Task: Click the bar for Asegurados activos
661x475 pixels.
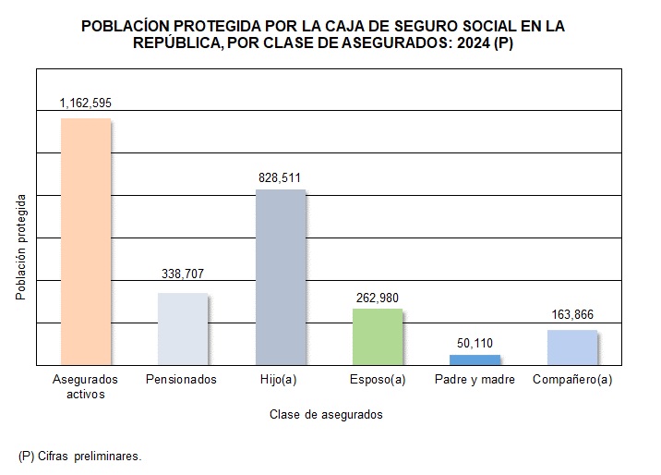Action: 85,242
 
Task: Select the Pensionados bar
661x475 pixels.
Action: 183,329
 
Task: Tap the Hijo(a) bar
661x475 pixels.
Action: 280,277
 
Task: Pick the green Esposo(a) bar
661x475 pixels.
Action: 378,336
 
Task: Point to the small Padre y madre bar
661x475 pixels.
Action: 475,359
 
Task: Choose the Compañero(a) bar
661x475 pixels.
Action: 572,347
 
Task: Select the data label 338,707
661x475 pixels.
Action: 182,275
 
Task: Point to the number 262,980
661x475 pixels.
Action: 377,297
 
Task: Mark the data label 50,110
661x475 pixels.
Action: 475,343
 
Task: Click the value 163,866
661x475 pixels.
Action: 571,314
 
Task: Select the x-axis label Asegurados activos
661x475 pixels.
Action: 86,386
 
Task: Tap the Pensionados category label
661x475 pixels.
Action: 182,380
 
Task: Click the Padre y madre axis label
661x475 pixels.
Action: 475,380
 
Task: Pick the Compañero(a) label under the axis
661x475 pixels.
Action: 572,380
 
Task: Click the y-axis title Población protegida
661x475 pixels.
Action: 21,247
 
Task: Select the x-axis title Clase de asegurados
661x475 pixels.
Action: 326,415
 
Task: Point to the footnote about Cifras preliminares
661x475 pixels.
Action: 80,457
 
